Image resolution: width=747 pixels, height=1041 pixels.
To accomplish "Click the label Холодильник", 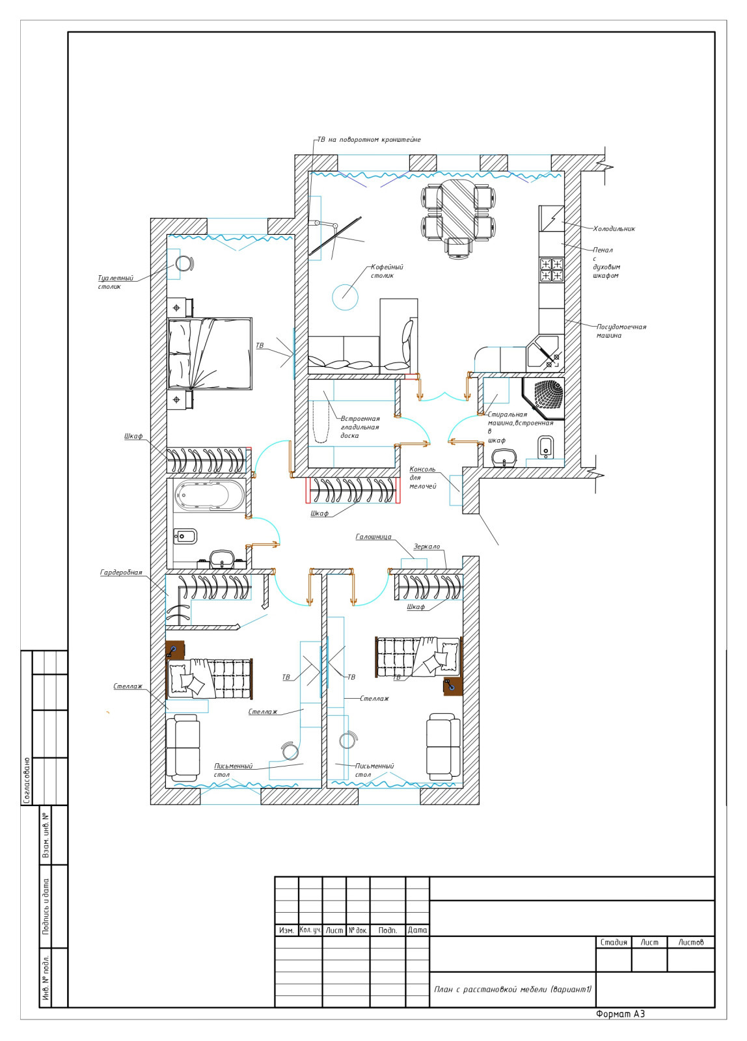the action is [x=614, y=228].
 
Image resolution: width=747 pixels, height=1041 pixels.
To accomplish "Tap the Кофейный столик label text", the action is [x=387, y=271].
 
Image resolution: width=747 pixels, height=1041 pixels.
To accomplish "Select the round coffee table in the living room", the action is [x=345, y=297].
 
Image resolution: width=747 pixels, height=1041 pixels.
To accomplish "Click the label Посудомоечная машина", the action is [x=621, y=331].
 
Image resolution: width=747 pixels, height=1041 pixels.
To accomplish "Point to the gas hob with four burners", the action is [x=551, y=270].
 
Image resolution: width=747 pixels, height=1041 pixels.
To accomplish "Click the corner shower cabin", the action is [x=543, y=398].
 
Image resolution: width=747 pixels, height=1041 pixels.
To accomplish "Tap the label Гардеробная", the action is [x=121, y=573].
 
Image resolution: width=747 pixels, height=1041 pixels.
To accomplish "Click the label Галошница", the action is [x=373, y=537].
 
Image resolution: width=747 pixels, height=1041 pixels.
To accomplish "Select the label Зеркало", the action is [x=426, y=547].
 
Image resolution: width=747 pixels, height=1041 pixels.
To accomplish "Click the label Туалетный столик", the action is [x=115, y=282].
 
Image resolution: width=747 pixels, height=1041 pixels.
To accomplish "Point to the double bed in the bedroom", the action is [x=210, y=354].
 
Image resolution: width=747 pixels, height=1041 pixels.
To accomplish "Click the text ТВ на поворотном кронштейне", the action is [x=368, y=139].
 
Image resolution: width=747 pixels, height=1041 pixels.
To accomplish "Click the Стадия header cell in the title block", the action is [x=614, y=942].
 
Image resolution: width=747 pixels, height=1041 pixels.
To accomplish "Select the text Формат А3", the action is [x=620, y=1014].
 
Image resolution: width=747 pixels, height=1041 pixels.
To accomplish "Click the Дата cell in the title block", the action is [x=417, y=930].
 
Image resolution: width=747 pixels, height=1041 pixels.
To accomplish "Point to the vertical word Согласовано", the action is [x=27, y=780].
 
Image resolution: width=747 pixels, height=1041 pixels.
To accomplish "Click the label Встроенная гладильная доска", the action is [x=360, y=427].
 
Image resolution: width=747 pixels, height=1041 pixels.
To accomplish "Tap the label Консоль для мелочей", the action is [x=422, y=478].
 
